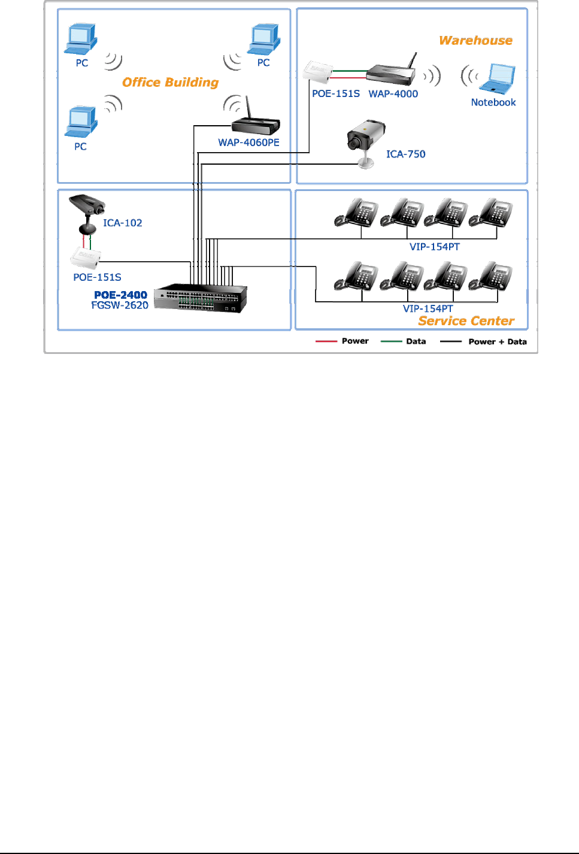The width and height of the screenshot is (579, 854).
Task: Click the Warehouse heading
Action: coord(475,41)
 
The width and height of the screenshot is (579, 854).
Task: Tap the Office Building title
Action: coord(170,83)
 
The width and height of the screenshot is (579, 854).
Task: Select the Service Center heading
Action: coord(466,321)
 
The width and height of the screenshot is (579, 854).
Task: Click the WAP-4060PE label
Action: coord(248,143)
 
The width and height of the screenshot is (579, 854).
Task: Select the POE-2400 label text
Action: coord(120,295)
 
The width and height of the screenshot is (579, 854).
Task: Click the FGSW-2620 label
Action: coord(120,305)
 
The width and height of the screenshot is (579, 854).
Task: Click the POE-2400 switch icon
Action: coord(201,298)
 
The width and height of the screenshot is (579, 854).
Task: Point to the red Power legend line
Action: coord(326,341)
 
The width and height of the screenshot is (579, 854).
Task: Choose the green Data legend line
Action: coord(392,341)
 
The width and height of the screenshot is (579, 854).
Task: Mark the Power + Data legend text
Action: coord(498,342)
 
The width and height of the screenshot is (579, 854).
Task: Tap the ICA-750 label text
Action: coord(405,155)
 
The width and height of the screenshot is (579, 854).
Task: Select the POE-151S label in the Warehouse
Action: coord(336,94)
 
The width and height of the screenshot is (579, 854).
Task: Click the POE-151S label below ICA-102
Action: coord(97,277)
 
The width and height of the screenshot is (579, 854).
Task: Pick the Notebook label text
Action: coord(493,102)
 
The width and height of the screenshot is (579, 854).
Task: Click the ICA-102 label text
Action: coord(123,223)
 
